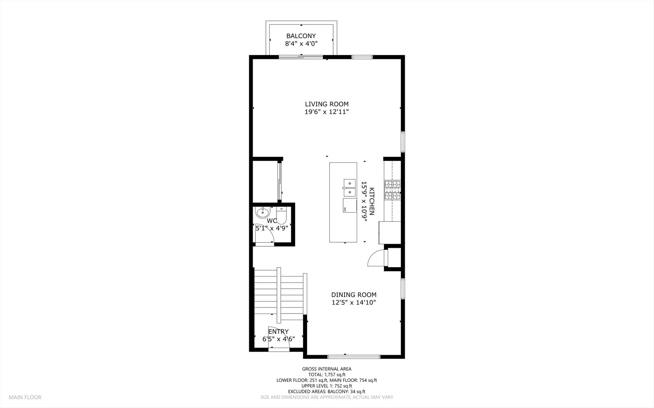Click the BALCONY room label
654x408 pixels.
301,36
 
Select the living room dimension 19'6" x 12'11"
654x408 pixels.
326,112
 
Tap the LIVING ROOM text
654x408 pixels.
326,104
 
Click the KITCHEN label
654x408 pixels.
372,201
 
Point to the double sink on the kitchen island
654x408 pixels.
350,188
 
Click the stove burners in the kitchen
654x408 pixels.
393,190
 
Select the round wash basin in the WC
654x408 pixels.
261,213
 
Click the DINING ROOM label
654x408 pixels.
354,295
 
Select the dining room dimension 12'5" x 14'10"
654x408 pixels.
354,303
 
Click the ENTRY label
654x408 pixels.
278,331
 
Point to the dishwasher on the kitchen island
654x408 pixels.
350,206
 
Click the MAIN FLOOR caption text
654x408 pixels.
25,397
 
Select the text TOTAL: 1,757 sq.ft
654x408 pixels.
326,374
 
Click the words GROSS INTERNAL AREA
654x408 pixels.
326,369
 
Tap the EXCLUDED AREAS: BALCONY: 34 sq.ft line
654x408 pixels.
326,391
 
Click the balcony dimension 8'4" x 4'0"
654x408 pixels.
301,43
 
